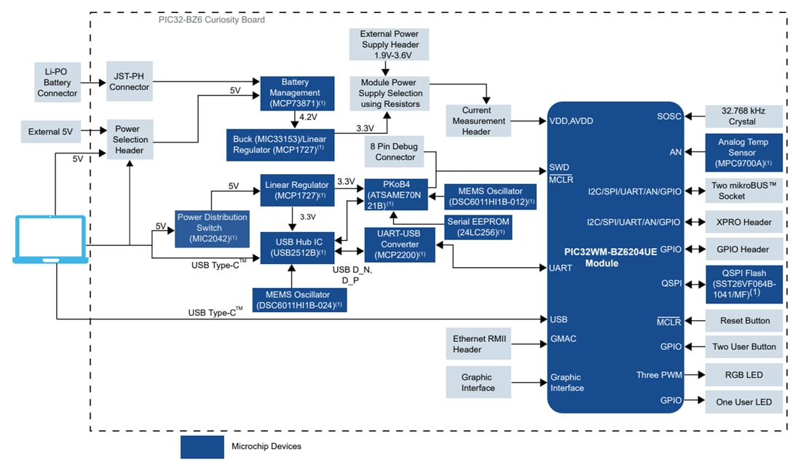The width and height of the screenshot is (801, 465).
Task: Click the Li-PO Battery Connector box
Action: [57, 82]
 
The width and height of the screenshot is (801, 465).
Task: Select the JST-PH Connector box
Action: [130, 82]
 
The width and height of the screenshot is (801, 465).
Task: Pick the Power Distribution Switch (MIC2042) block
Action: [212, 228]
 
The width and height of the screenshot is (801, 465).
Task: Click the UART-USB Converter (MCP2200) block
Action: [398, 244]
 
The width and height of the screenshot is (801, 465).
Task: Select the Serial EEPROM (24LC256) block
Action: [480, 227]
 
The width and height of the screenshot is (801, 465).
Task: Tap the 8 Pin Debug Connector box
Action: [395, 151]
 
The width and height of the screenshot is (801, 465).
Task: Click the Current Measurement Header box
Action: [478, 121]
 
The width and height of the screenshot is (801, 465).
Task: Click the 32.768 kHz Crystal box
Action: [743, 116]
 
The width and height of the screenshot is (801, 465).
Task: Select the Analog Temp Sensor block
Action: [743, 153]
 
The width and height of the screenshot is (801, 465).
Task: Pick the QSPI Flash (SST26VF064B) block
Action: [743, 284]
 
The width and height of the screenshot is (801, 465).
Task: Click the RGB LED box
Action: [743, 375]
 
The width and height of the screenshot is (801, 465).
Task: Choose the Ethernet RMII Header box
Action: [478, 343]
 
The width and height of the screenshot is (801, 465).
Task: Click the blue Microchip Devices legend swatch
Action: [202, 447]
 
